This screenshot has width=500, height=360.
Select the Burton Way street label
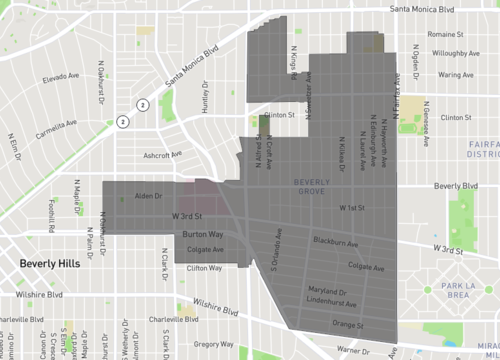[x=202, y=234]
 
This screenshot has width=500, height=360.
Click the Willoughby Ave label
[x=460, y=55]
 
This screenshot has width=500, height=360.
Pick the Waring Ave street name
[x=454, y=75]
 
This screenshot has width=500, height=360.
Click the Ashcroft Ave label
[x=162, y=155]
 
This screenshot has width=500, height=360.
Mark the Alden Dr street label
[x=148, y=197]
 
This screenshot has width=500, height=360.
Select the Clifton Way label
[x=204, y=268]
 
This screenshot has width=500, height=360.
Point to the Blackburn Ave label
[x=335, y=242]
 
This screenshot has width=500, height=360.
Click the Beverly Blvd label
[x=456, y=186]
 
